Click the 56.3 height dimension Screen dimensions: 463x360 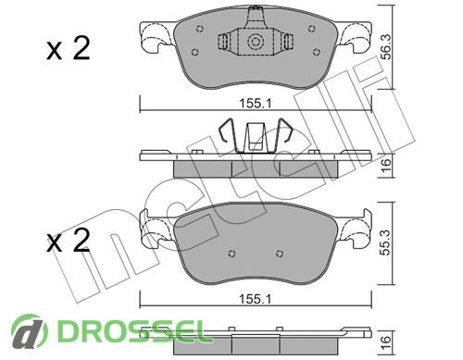click(385, 46)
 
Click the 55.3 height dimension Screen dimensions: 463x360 click(385, 242)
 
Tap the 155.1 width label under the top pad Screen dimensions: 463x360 click(256, 104)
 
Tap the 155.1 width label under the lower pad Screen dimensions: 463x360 click(256, 299)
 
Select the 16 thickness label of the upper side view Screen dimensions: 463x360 click(386, 166)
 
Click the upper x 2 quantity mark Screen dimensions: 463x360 click(69, 48)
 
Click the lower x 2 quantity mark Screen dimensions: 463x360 click(69, 241)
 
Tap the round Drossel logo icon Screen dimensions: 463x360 click(29, 331)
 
